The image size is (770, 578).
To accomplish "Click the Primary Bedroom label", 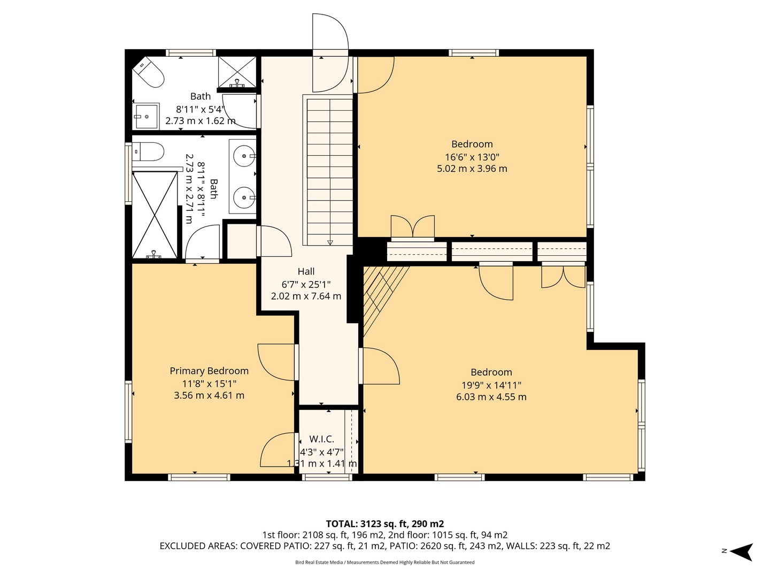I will point(209,371).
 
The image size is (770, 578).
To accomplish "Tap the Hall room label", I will point(306,271).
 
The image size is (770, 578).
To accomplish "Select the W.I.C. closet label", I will point(321,439).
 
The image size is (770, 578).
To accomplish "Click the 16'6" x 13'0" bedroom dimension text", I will point(472,157).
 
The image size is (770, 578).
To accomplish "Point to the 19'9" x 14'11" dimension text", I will point(491,385).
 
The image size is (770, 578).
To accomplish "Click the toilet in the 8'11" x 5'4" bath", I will point(149,73).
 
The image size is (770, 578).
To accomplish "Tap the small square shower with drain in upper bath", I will point(237,72).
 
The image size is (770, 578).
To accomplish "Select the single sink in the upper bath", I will point(146,116).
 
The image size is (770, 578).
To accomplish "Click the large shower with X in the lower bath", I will point(155,214).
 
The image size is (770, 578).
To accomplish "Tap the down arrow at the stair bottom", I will point(330,242).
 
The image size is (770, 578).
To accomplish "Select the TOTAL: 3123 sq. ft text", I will point(385,523).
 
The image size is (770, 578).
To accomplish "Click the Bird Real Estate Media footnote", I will point(385,562).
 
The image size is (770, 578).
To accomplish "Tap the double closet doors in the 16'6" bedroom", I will point(413,226).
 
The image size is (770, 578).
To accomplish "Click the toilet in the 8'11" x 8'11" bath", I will point(148,151).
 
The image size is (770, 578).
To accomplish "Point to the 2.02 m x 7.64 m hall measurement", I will point(306,296).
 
